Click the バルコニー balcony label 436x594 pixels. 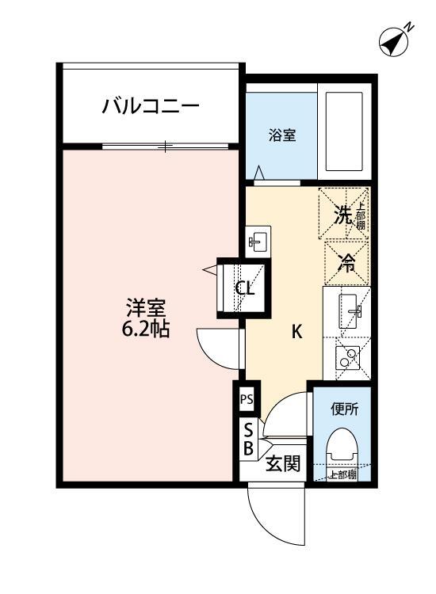(150, 106)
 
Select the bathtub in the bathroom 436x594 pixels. (343, 135)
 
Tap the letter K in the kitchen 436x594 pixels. (296, 332)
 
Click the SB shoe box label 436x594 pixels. (248, 440)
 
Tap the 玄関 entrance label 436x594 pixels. (282, 464)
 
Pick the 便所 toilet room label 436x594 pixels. (345, 409)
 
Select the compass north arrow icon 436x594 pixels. (393, 40)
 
